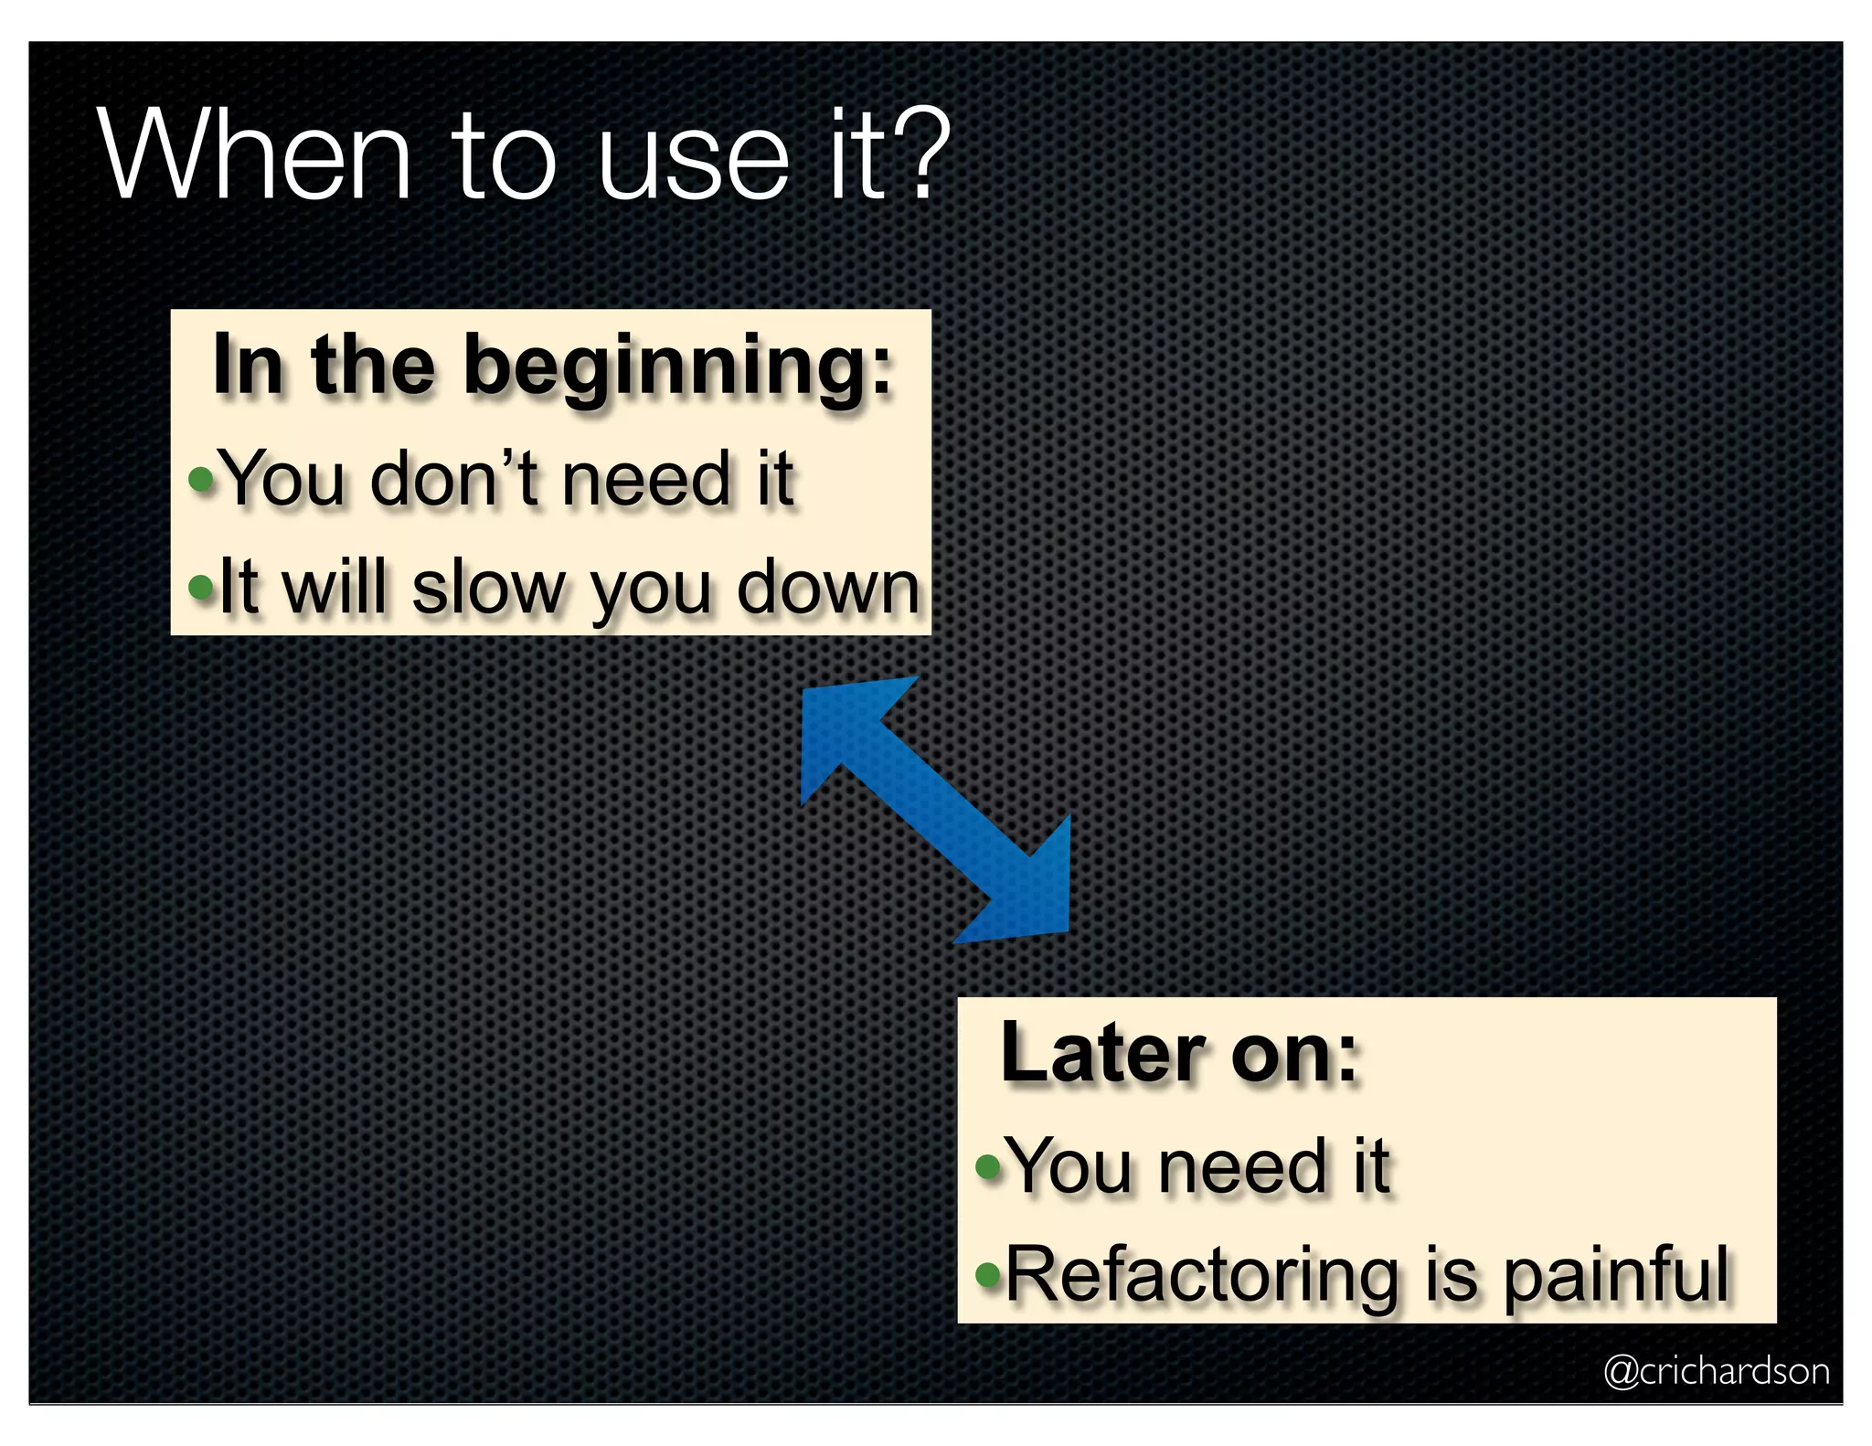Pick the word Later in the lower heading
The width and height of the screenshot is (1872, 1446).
pyautogui.click(x=1102, y=1054)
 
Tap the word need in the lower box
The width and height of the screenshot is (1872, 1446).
pyautogui.click(x=1242, y=1166)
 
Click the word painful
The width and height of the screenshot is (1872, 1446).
pyautogui.click(x=1615, y=1275)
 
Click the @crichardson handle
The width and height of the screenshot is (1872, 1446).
pyautogui.click(x=1717, y=1371)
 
